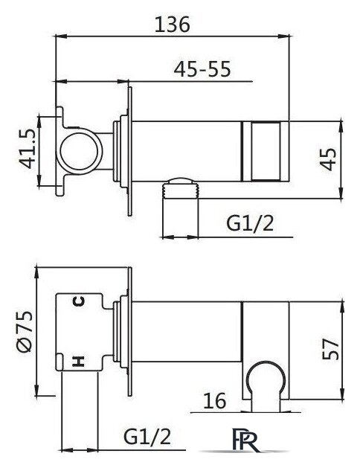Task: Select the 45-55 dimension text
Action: point(202,69)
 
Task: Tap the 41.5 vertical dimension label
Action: point(27,150)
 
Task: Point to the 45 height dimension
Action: point(328,160)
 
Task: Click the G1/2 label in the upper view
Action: point(250,223)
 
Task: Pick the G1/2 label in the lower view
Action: point(147,437)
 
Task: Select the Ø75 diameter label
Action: point(25,332)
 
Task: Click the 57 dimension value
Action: point(330,349)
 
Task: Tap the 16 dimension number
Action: point(215,401)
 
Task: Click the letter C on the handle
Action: point(79,301)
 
